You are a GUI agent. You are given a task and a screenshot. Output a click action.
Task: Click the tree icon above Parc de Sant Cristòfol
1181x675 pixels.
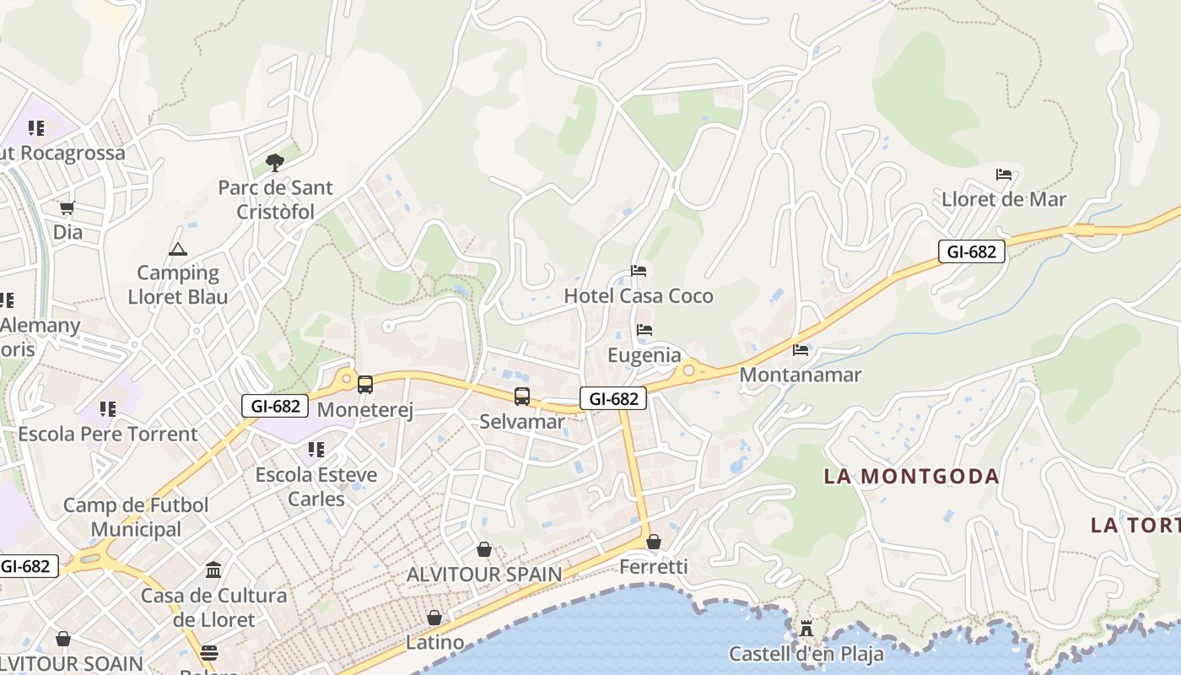click(274, 162)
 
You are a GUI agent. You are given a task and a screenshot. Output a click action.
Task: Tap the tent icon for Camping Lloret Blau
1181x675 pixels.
click(177, 249)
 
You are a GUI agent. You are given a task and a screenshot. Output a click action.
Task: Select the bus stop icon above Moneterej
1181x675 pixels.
click(365, 385)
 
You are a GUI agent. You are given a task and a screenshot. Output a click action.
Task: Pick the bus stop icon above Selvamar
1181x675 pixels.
click(522, 396)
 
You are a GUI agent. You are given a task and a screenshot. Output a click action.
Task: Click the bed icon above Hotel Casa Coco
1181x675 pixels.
click(639, 271)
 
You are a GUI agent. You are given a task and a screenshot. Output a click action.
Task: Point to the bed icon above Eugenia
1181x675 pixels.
click(644, 330)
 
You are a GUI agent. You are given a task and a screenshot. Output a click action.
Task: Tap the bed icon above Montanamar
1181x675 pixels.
click(801, 349)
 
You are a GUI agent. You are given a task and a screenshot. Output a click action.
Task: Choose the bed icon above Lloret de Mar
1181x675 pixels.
click(1004, 175)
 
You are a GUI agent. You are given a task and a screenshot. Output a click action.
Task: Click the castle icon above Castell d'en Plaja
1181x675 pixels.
click(806, 629)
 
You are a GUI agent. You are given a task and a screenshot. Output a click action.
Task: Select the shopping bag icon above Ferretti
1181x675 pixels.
click(654, 542)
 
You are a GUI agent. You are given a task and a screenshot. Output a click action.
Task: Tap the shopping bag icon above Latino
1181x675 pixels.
click(434, 618)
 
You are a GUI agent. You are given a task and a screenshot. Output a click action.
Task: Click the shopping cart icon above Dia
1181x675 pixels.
click(67, 208)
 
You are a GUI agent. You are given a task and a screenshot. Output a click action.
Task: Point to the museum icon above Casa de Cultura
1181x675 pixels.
click(213, 570)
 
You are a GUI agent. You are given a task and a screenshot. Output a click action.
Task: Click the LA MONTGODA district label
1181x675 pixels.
click(911, 477)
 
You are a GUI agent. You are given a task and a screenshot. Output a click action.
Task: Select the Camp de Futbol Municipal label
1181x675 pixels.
click(136, 517)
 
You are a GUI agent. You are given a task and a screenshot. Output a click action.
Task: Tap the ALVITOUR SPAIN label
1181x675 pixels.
click(484, 575)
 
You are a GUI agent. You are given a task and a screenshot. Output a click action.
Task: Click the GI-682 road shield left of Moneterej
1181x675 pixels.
click(275, 406)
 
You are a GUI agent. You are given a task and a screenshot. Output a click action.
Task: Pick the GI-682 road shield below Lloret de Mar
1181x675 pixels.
click(972, 251)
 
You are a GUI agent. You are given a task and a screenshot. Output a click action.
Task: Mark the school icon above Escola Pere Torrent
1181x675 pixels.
click(107, 409)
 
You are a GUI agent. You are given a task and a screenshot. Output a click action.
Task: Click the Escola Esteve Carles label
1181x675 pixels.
click(316, 487)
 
